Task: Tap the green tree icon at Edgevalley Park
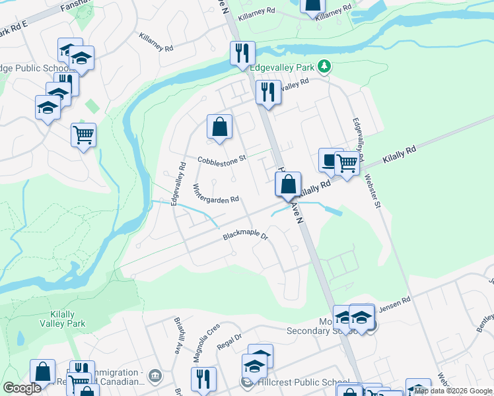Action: (x=324, y=67)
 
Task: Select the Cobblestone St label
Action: (x=222, y=159)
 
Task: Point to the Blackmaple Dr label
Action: (x=245, y=236)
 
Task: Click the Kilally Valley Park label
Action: (x=67, y=319)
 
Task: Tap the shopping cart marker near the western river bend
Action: (x=84, y=135)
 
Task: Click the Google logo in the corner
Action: (x=22, y=388)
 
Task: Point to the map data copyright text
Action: (x=453, y=391)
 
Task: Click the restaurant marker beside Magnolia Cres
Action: (x=203, y=379)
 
